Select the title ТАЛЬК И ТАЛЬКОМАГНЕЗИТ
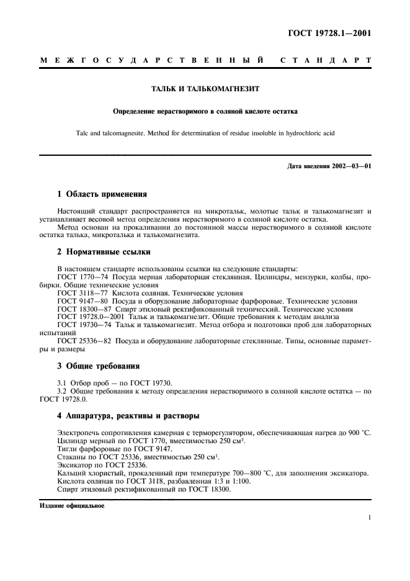point(205,89)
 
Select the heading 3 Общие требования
point(98,366)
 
